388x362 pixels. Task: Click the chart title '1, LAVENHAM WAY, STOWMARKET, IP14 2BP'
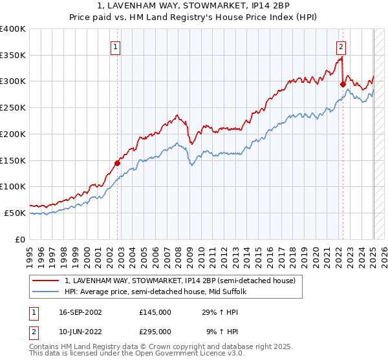click(x=193, y=6)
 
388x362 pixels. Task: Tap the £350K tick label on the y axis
click(x=12, y=55)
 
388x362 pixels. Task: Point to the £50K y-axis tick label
click(x=15, y=213)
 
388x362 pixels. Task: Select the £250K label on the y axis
click(x=12, y=108)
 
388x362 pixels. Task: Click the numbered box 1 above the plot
click(x=115, y=46)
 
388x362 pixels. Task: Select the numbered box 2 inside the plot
click(x=340, y=46)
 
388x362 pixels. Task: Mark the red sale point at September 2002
click(x=117, y=163)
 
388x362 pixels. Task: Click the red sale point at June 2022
click(x=343, y=83)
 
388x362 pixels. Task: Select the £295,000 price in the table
click(x=155, y=331)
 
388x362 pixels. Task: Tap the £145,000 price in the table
click(x=155, y=312)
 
